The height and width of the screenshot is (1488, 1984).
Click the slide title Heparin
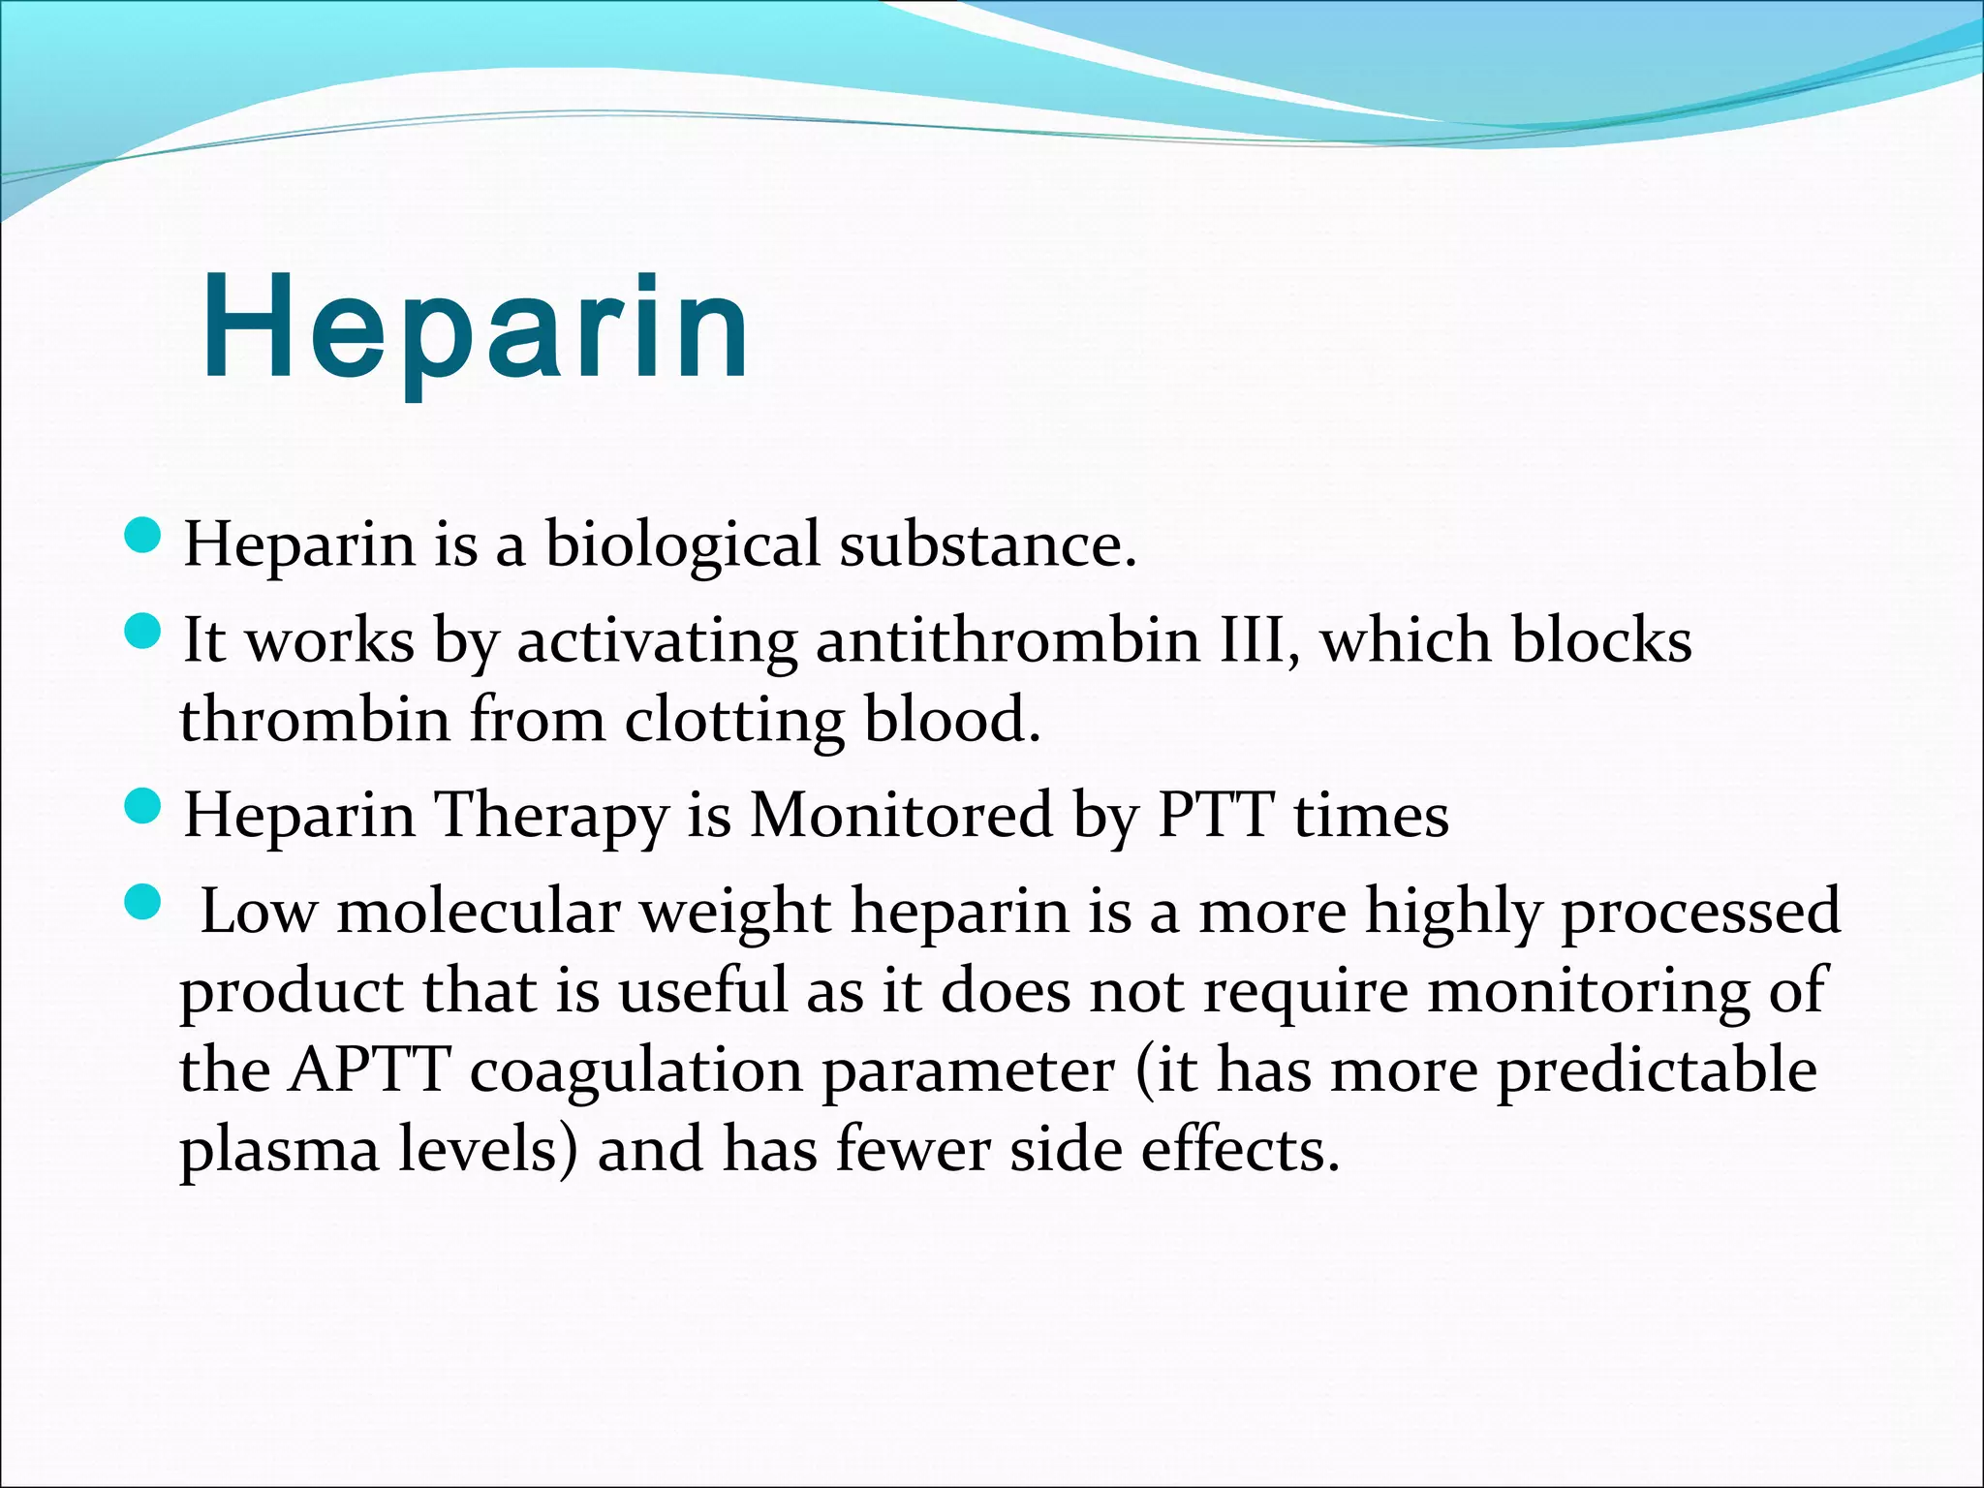(x=475, y=329)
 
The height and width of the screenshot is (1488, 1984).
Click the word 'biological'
(x=682, y=544)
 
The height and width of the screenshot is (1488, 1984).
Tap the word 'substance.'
(x=987, y=544)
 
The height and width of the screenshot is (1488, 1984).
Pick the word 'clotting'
(x=733, y=722)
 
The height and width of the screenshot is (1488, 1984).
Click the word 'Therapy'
(x=551, y=816)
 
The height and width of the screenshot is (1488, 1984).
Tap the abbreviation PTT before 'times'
(x=1215, y=816)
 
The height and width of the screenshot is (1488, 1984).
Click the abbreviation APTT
(x=369, y=1071)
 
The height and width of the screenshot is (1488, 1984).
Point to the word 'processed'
(x=1701, y=913)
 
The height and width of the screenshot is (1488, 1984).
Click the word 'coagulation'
(x=636, y=1071)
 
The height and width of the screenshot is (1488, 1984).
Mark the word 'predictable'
(x=1657, y=1071)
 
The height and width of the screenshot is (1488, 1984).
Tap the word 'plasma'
(x=279, y=1151)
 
